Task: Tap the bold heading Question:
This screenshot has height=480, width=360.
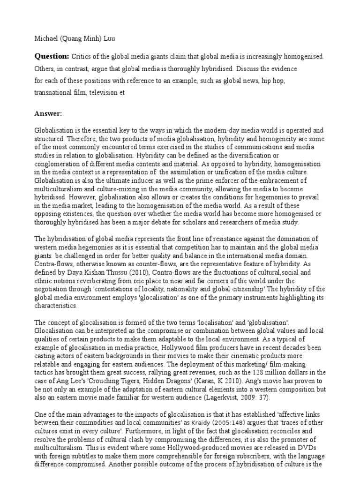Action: pyautogui.click(x=52, y=56)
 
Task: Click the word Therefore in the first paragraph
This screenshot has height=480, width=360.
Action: pyautogui.click(x=79, y=139)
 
